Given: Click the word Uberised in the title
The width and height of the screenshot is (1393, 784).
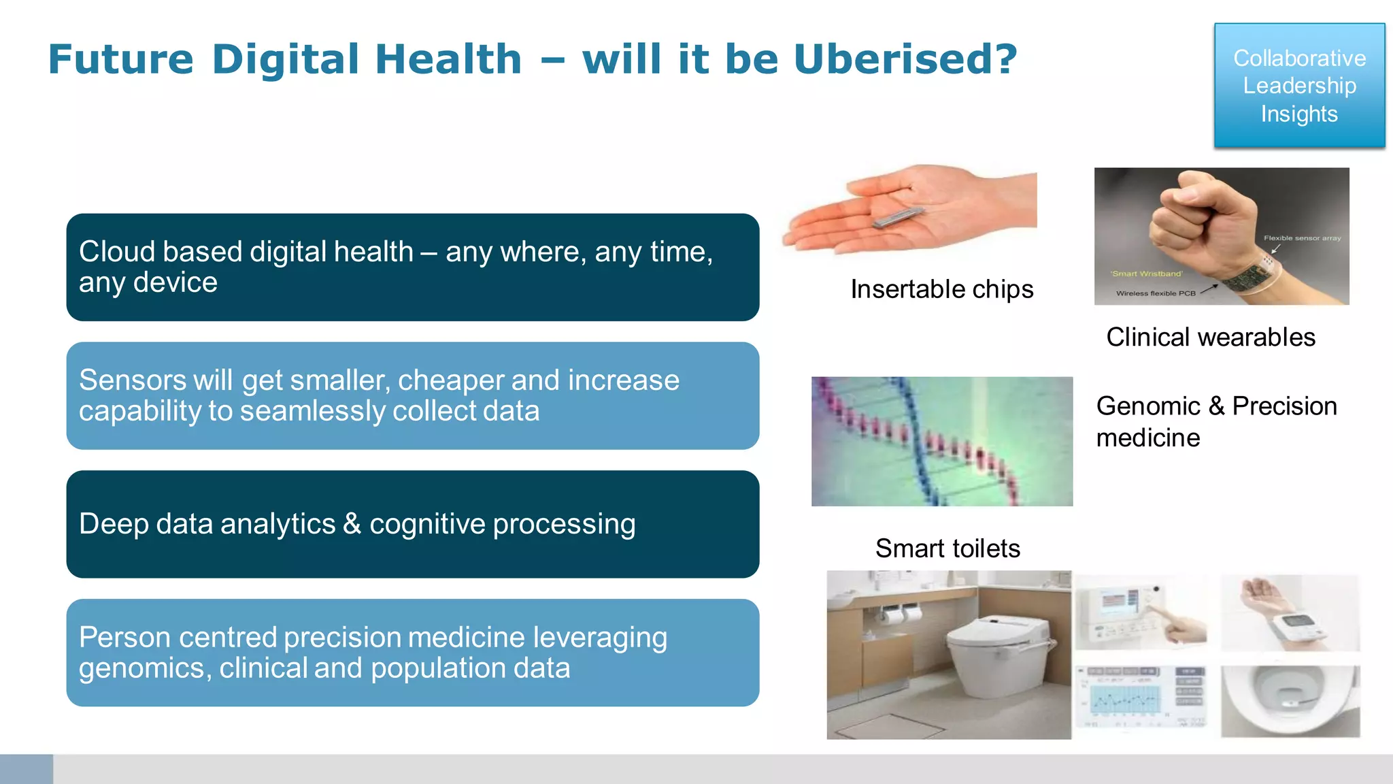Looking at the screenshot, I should (x=905, y=59).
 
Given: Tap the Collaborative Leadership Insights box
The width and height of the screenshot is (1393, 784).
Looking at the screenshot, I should (x=1299, y=86).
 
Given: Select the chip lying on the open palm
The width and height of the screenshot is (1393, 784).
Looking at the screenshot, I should (x=899, y=217).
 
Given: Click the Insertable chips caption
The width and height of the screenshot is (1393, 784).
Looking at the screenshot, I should (x=941, y=289).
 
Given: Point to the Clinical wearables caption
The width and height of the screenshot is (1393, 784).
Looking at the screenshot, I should (x=1210, y=338).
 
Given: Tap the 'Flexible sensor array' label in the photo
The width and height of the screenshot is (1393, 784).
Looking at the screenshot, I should (x=1302, y=238).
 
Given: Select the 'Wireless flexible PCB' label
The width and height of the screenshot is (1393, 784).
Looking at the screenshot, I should (x=1156, y=293).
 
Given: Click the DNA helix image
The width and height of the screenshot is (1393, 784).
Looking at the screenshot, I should (x=941, y=441).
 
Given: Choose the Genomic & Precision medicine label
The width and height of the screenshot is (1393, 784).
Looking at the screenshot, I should (x=1215, y=421).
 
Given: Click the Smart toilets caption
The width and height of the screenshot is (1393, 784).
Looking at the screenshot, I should (x=947, y=549).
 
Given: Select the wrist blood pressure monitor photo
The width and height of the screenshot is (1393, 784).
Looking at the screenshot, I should (x=1290, y=612).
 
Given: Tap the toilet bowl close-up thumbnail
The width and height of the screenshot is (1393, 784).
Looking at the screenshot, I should (x=1290, y=701).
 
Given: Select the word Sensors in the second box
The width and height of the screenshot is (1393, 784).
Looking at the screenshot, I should (x=132, y=380).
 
